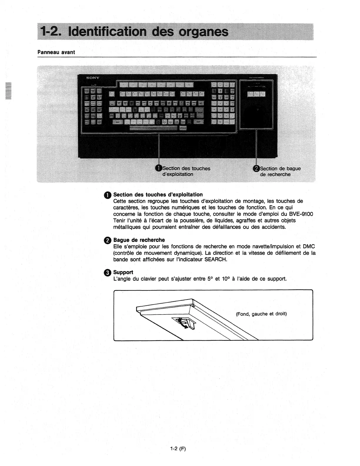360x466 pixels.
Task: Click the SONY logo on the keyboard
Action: click(x=93, y=78)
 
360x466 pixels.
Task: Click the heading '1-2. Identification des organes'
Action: click(x=135, y=32)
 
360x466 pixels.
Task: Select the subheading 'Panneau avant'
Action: click(x=56, y=52)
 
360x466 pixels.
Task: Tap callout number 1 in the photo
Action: click(x=159, y=168)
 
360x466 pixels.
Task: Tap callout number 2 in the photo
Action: click(x=256, y=168)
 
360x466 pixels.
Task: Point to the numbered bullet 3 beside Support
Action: click(x=108, y=273)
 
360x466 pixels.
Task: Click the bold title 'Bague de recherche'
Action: click(x=139, y=240)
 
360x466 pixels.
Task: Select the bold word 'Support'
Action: click(x=123, y=272)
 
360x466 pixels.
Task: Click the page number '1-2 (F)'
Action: click(x=178, y=449)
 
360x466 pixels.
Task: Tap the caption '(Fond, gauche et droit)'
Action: click(x=261, y=314)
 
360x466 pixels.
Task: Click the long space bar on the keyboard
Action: click(x=154, y=128)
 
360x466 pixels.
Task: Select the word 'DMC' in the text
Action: click(x=309, y=247)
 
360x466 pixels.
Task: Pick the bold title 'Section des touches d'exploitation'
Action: click(x=158, y=195)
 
